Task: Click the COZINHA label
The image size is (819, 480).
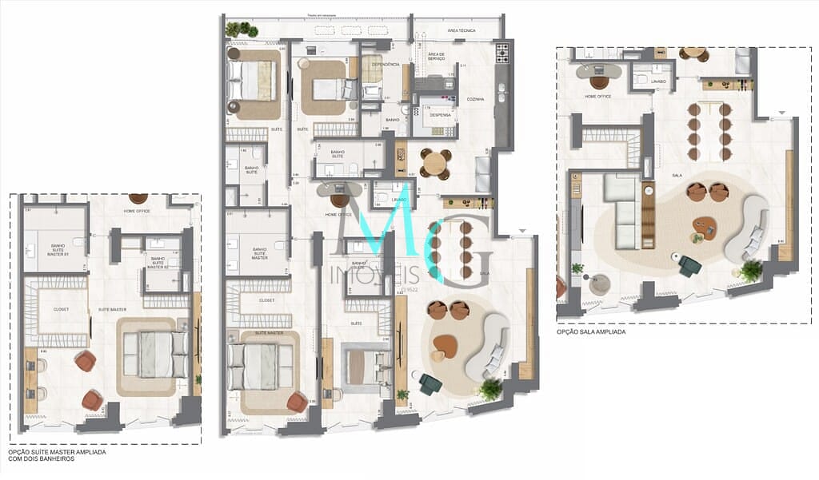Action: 476,100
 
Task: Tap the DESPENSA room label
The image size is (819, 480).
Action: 439,115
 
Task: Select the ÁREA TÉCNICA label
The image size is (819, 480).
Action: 461,30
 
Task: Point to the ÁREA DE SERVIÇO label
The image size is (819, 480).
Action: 437,56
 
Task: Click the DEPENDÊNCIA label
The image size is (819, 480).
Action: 386,65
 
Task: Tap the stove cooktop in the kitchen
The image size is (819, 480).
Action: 502,53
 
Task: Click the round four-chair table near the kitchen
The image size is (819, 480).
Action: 434,164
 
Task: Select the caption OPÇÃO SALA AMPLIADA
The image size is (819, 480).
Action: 591,331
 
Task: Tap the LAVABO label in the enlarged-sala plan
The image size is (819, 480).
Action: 658,81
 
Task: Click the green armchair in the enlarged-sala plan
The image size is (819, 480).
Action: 689,265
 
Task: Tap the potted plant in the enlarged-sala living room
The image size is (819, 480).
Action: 751,271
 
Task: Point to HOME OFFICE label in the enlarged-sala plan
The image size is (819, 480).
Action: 598,97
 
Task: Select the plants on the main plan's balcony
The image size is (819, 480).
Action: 241,30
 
